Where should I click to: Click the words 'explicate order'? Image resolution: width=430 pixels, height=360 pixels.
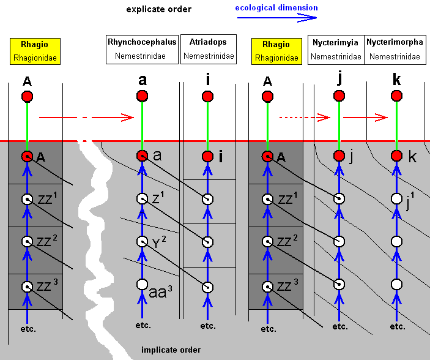[158, 9]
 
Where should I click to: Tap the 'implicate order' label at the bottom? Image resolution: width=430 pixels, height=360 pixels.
[171, 350]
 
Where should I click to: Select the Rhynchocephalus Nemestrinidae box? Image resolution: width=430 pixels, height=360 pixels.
[142, 49]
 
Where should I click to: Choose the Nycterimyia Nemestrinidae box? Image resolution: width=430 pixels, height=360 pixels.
[336, 50]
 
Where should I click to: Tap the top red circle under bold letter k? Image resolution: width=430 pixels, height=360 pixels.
[396, 96]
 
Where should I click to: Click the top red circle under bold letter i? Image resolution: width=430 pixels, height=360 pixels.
[207, 96]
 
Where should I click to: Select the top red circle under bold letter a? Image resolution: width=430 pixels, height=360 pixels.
[142, 96]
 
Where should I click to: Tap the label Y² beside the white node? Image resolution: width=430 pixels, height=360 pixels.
[158, 242]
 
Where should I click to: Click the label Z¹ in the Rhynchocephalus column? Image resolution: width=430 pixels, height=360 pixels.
[157, 199]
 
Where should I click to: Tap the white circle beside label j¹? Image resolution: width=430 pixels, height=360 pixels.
[396, 199]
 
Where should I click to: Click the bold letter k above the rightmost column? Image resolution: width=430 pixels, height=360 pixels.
[396, 79]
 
